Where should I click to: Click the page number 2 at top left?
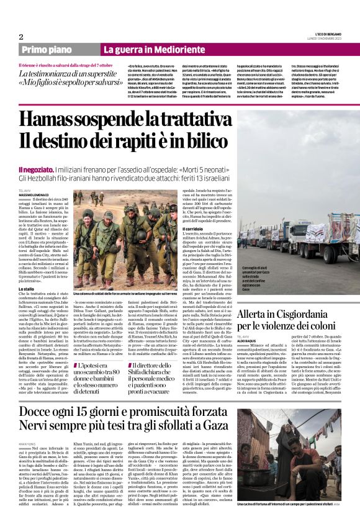click(20, 37)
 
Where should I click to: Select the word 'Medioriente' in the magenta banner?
click(171, 49)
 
